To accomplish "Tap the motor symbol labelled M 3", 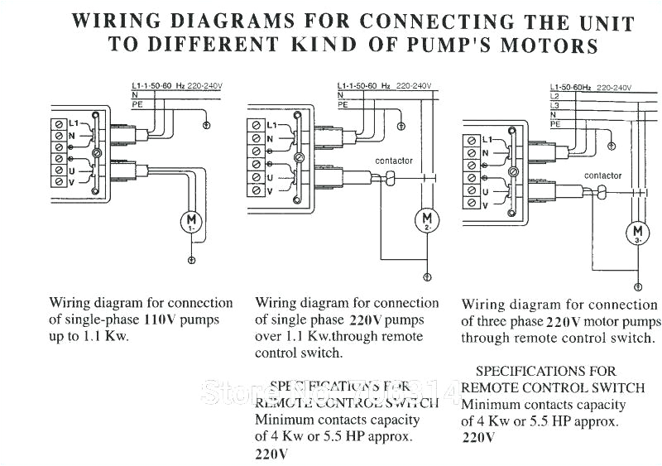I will click(x=637, y=231).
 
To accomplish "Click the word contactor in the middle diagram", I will click(x=393, y=161).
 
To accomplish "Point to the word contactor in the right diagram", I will click(x=602, y=175).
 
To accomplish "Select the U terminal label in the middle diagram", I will click(x=270, y=177).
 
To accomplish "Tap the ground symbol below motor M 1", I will click(x=191, y=261).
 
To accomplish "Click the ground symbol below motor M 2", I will click(x=427, y=276).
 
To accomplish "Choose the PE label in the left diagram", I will click(x=137, y=105).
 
